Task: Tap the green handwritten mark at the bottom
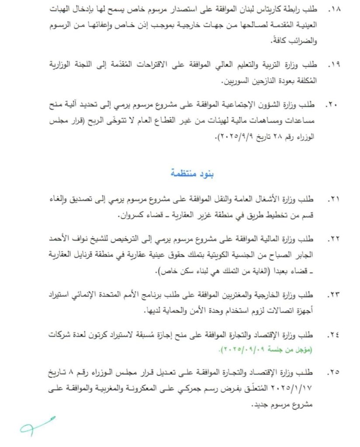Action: pos(37,426)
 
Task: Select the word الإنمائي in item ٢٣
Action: pos(91,292)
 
